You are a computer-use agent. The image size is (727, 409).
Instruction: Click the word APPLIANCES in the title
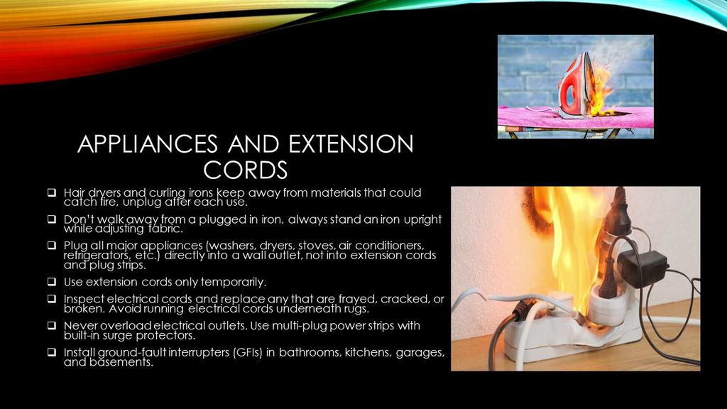(x=148, y=143)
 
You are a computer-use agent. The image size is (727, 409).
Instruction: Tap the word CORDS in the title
(x=245, y=170)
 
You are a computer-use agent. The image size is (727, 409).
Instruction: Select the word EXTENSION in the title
(x=351, y=143)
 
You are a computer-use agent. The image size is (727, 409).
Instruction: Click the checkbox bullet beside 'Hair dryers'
(x=51, y=192)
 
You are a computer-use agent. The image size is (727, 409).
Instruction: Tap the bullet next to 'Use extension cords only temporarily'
(x=51, y=281)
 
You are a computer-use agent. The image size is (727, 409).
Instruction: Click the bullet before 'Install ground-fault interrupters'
(x=51, y=352)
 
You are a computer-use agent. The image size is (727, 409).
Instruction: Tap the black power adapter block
(x=641, y=268)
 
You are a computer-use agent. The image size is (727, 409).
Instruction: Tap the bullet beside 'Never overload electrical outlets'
(x=51, y=325)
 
